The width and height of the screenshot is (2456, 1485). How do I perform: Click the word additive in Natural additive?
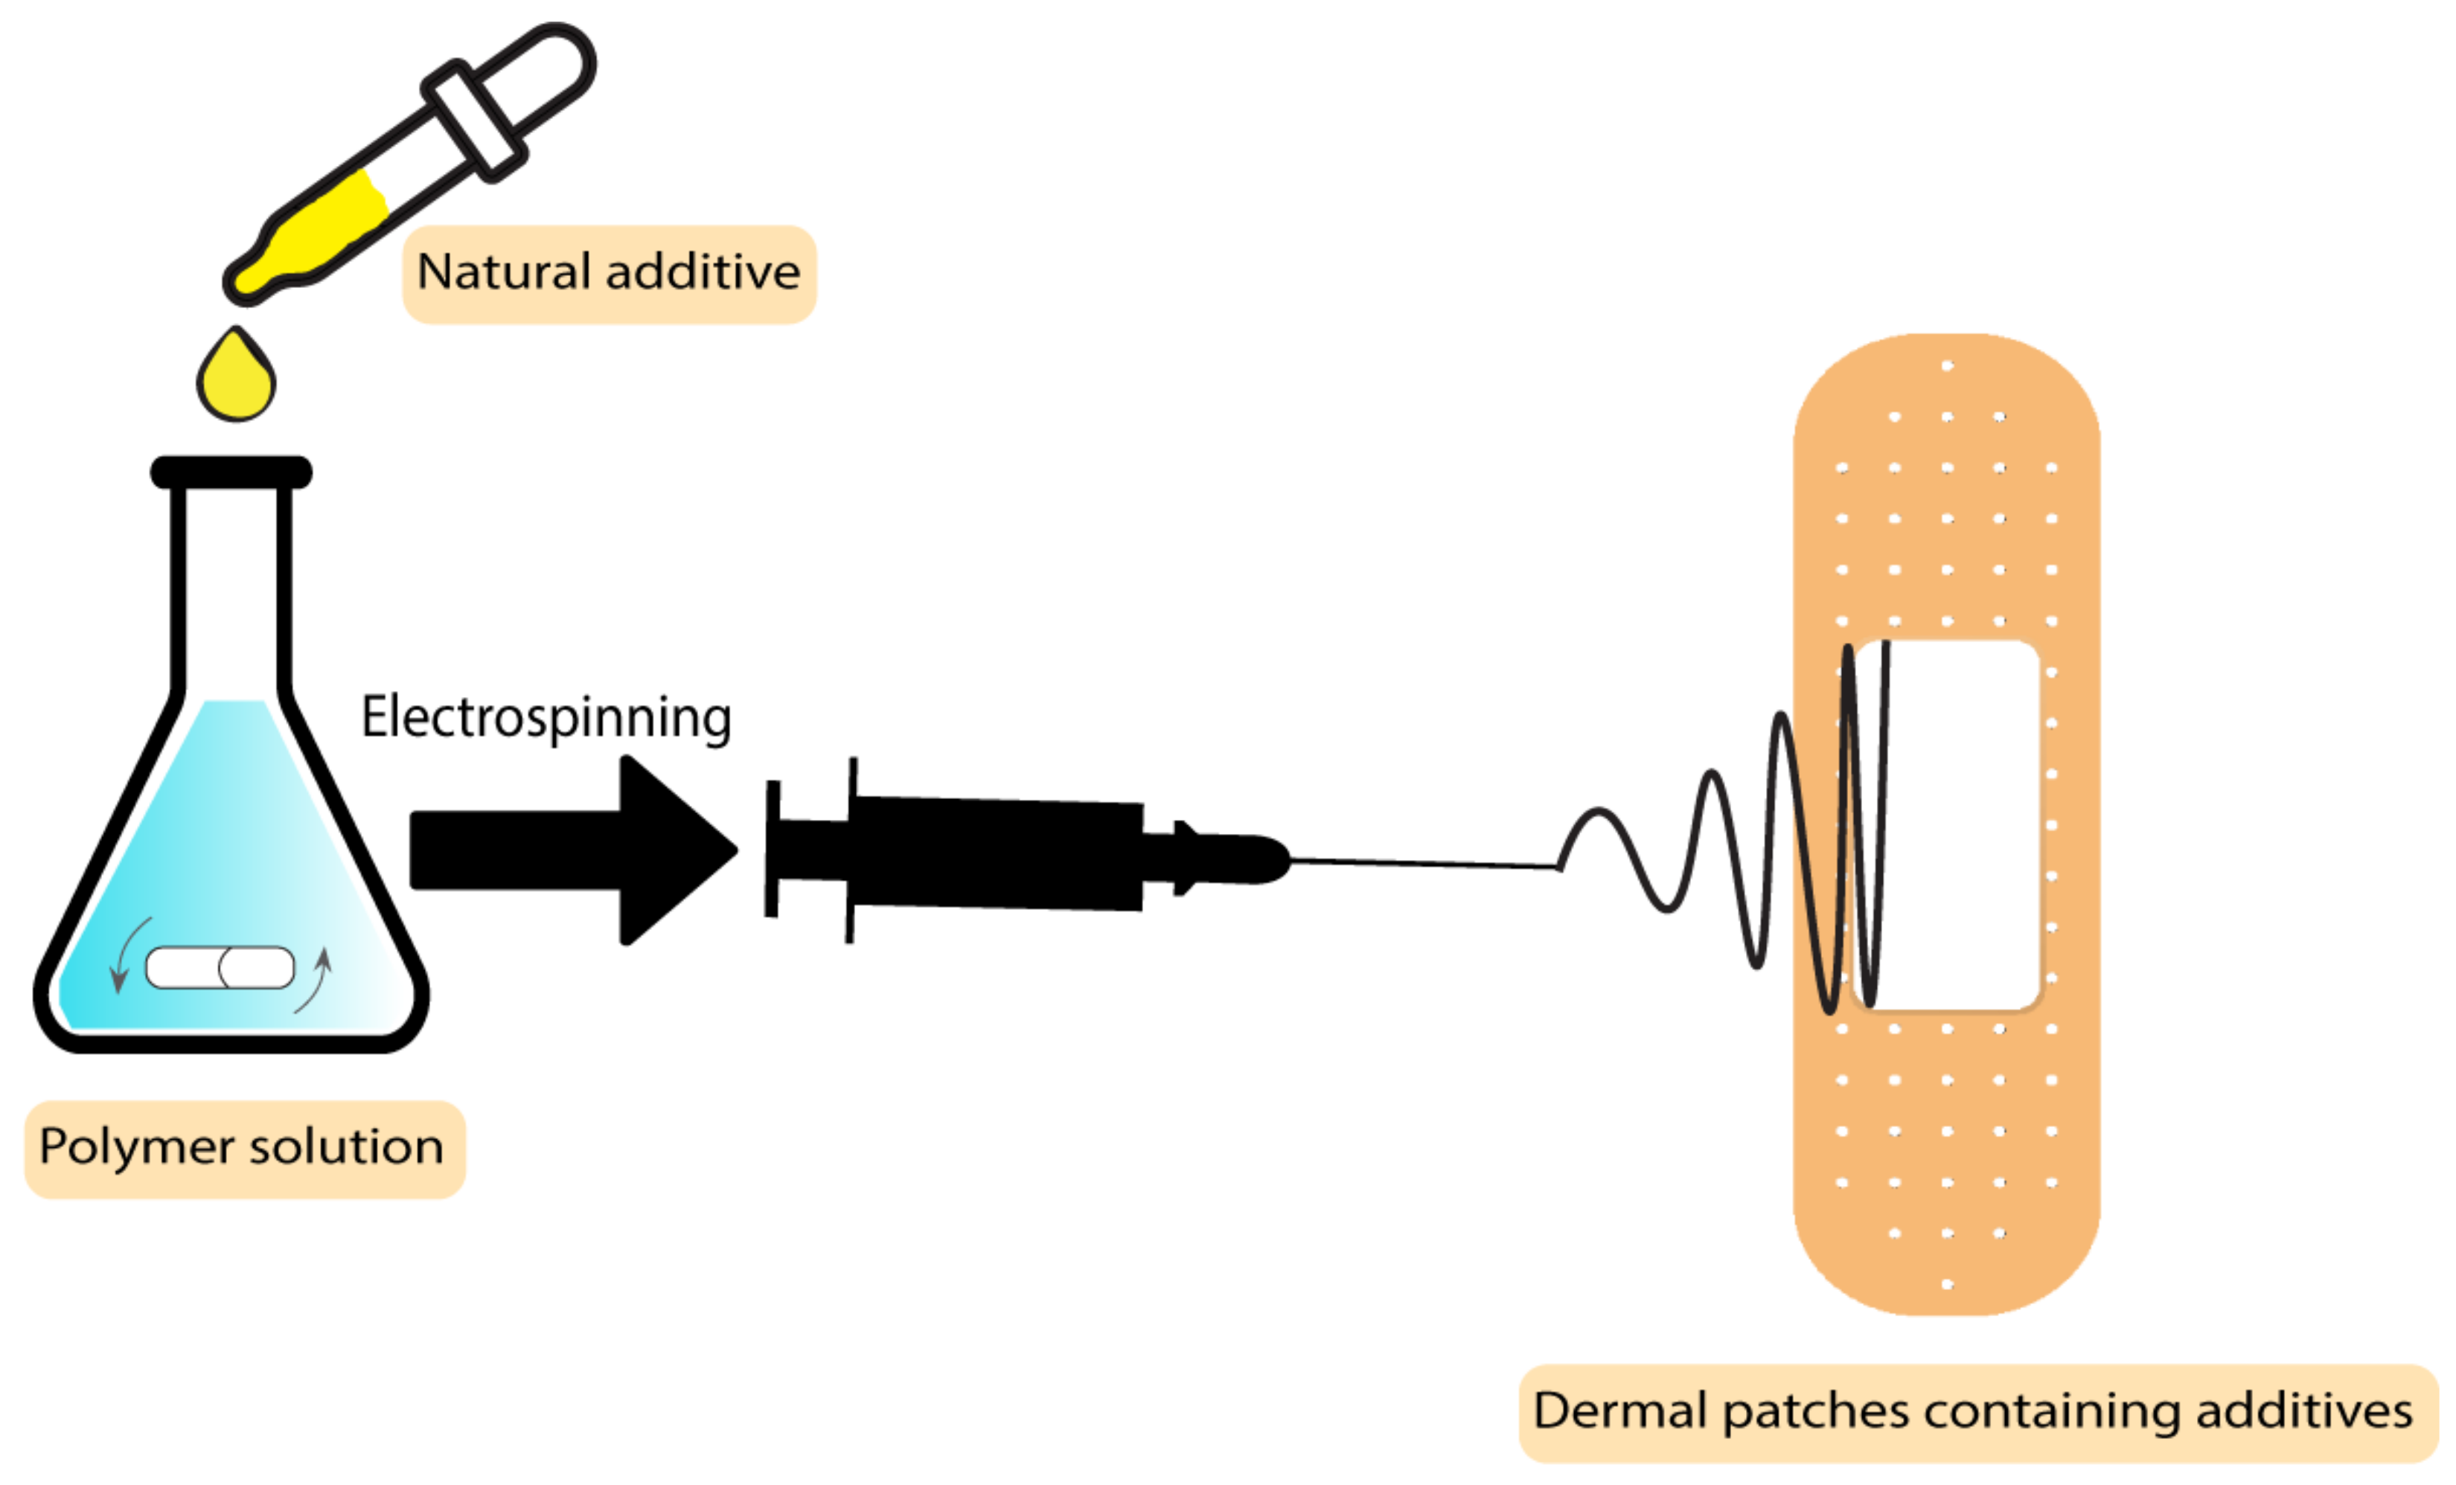pyautogui.click(x=703, y=272)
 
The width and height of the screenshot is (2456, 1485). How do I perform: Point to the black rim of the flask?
pyautogui.click(x=231, y=472)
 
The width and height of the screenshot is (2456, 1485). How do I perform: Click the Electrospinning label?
pyautogui.click(x=546, y=718)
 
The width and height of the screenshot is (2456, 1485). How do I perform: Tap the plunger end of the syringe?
pyautogui.click(x=773, y=849)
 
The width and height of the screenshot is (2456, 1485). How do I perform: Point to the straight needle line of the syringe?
pyautogui.click(x=1425, y=863)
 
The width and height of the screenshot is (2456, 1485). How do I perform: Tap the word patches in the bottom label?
pyautogui.click(x=1815, y=1412)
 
